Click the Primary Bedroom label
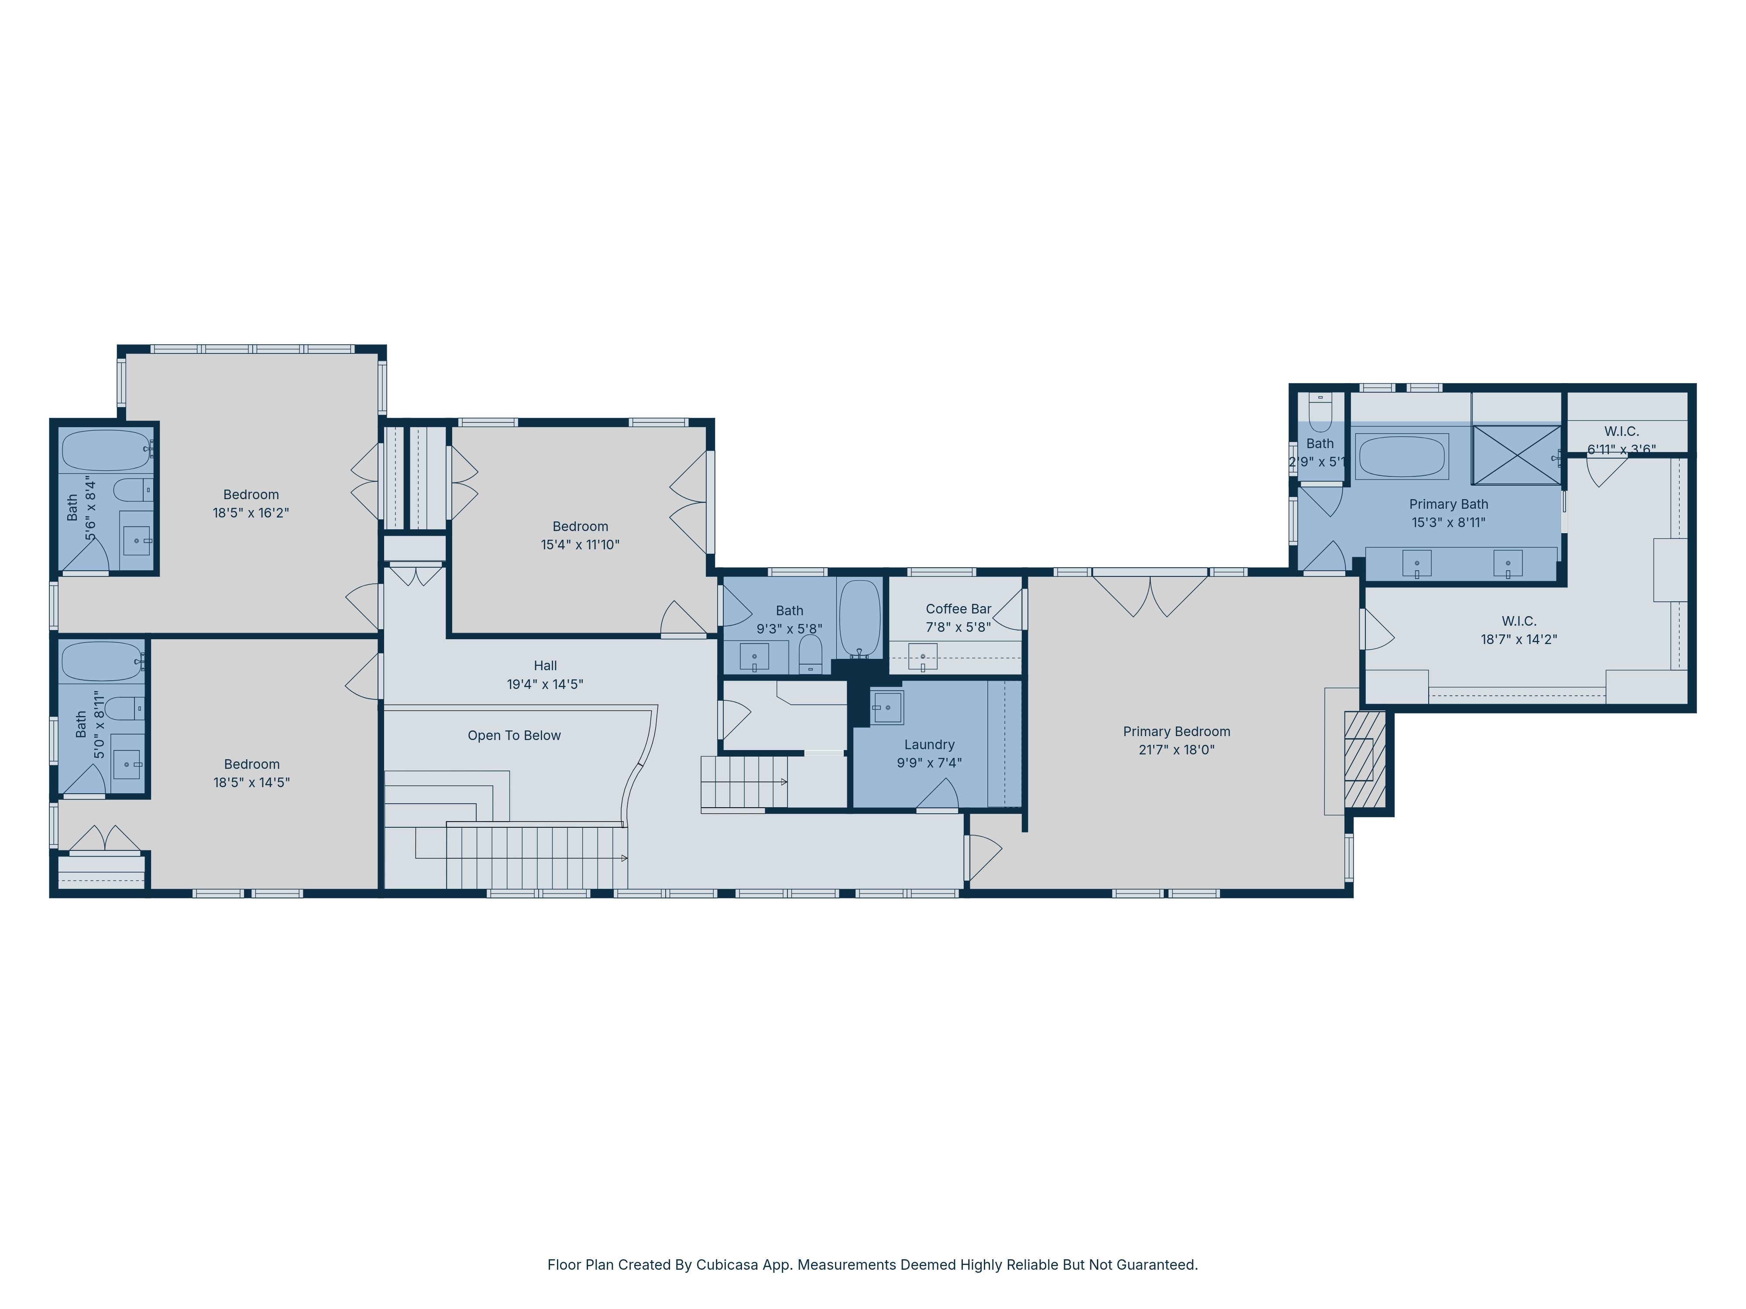[1176, 731]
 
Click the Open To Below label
[514, 735]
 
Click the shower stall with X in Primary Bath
[1516, 455]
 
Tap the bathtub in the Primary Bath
[1401, 456]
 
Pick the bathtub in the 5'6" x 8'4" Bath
[106, 451]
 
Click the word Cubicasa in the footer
[727, 1265]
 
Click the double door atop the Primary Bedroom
[1150, 596]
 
